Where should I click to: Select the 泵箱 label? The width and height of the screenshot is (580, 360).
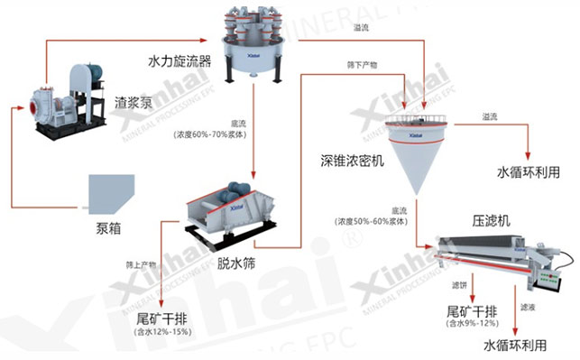[x=107, y=227]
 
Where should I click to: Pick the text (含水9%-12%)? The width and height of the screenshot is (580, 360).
[x=469, y=323]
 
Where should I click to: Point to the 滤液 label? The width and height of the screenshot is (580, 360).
[x=528, y=306]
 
